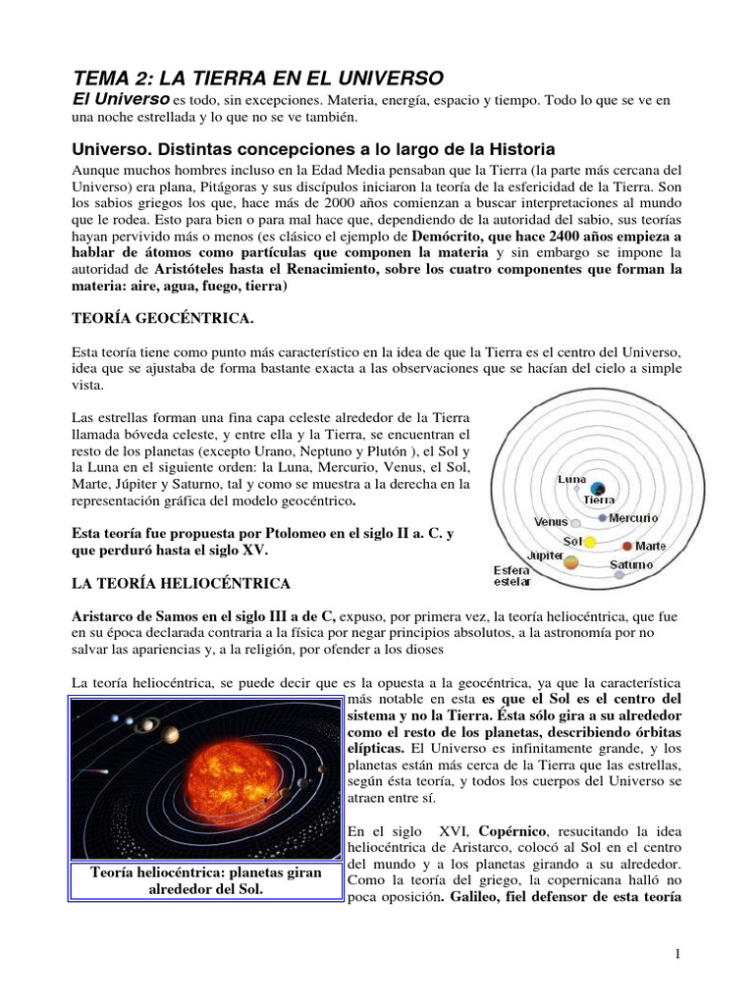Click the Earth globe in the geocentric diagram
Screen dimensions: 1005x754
(x=599, y=483)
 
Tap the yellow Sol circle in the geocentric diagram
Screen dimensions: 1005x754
(x=591, y=542)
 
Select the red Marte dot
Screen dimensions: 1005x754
(x=626, y=545)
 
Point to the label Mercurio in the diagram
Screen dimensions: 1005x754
(x=633, y=517)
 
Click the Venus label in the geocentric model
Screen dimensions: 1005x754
(x=551, y=521)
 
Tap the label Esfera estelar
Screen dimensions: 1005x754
(x=511, y=575)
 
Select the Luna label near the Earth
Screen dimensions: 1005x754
(x=571, y=480)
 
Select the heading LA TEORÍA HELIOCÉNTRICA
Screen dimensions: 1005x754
(x=181, y=584)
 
